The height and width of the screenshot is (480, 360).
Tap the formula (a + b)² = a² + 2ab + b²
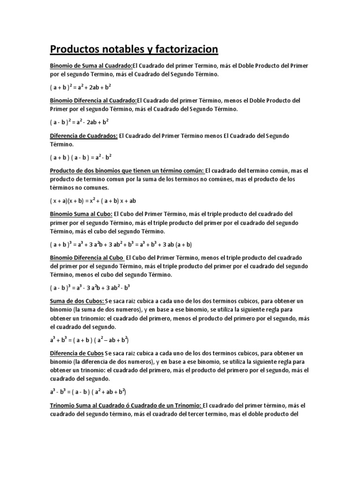point(80,87)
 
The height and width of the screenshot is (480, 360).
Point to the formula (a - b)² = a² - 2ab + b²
point(79,122)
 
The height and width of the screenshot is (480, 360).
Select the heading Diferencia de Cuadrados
point(83,135)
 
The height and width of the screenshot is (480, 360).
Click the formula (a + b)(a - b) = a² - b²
point(81,157)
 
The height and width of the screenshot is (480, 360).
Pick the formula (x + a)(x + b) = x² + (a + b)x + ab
point(93,201)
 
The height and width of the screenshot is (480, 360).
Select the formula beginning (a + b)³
point(121,245)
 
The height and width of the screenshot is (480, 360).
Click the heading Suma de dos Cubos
point(77,300)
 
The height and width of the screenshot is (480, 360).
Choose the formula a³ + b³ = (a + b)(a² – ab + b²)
point(90,339)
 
